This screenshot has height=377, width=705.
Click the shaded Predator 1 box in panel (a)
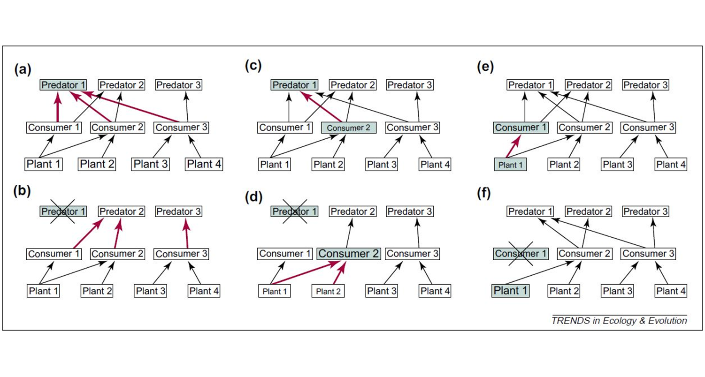[x=64, y=85]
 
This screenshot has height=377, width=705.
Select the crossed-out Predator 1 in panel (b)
[x=64, y=211]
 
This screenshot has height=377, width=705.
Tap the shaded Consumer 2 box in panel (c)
[x=349, y=128]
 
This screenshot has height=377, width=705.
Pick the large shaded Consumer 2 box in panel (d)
[x=349, y=254]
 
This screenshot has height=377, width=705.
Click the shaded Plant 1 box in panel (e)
[x=510, y=165]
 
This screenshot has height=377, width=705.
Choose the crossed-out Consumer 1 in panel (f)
[x=521, y=254]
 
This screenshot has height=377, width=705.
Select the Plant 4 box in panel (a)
[x=204, y=164]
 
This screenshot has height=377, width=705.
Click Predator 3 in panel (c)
[x=410, y=85]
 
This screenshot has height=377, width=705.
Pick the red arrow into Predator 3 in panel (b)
[x=187, y=233]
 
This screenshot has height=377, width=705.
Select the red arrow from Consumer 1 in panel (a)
[x=57, y=106]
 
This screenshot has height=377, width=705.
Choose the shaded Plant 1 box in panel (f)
[x=510, y=291]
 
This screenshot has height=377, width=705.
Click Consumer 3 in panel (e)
[x=648, y=127]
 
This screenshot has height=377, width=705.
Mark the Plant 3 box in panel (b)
[x=150, y=291]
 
